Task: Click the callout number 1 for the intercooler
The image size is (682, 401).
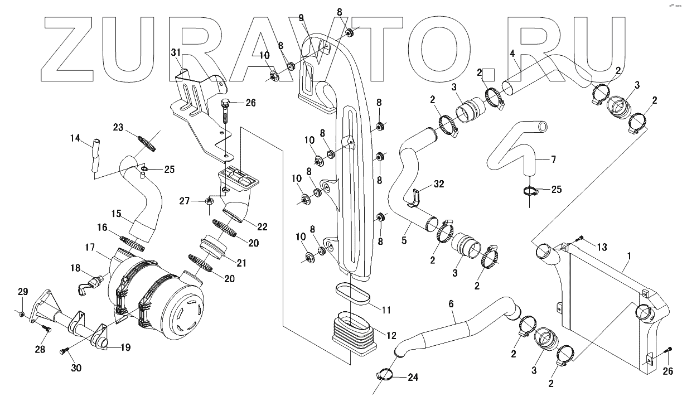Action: point(628,255)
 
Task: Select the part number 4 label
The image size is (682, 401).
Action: point(512,55)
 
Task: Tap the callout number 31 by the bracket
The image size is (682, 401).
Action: point(176,52)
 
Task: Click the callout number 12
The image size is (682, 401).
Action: point(391,336)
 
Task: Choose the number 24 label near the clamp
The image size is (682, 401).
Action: point(413,378)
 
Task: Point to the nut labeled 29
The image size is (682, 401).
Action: point(21,315)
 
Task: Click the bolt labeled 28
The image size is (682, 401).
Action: point(47,329)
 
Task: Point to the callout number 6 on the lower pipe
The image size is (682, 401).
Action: point(452,304)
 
